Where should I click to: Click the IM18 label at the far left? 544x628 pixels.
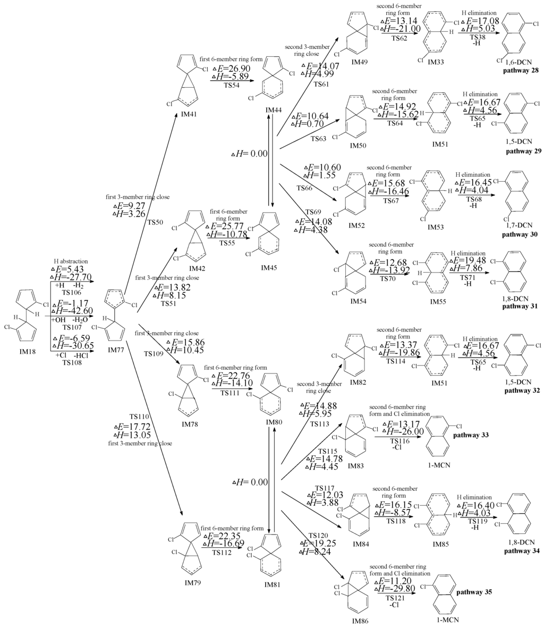click(19, 352)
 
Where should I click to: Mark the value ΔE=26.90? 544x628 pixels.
click(230, 69)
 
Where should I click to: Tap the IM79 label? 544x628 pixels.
click(193, 583)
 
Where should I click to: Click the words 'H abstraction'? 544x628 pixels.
click(71, 261)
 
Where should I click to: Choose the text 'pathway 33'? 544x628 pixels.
click(471, 435)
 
